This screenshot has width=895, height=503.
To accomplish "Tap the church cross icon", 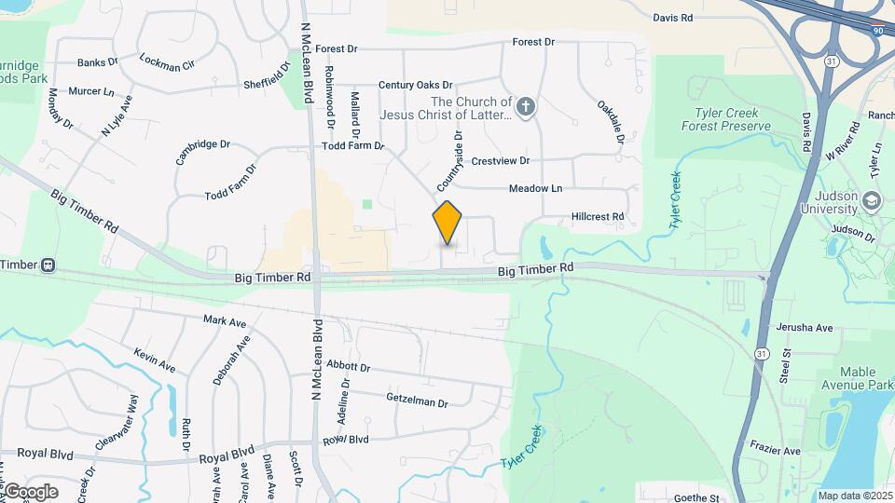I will click(526, 108).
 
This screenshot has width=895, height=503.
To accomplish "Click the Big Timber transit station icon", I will click(47, 265).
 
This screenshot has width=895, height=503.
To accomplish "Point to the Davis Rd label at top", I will click(672, 18).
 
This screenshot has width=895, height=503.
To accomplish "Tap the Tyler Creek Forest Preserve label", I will click(726, 119).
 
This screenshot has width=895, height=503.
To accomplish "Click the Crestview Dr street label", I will click(500, 161).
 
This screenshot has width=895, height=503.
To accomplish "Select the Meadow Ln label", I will click(535, 189).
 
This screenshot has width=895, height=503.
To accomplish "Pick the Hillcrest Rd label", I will click(597, 217).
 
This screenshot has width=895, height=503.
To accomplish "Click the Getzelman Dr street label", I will click(417, 399).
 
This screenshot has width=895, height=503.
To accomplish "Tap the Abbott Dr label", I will click(349, 368).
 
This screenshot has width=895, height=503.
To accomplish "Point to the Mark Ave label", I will click(225, 321).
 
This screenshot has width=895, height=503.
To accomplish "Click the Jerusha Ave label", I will click(810, 328).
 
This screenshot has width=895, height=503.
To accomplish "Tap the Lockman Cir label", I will click(166, 62).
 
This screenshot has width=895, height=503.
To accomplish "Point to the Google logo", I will click(31, 491).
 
